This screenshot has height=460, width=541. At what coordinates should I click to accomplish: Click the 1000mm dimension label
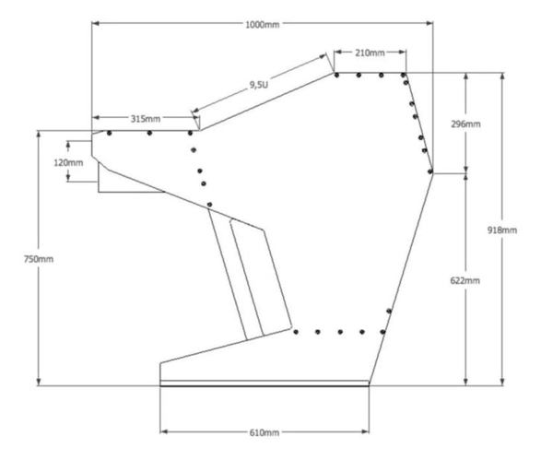[263, 25]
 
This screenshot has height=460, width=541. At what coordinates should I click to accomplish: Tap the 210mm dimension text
[370, 53]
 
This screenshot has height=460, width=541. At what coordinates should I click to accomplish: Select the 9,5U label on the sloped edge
[258, 85]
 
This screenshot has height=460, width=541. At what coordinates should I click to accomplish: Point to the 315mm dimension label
[146, 119]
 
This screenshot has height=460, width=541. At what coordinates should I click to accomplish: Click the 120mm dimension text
[68, 162]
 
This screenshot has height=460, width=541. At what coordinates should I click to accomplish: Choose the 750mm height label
[39, 259]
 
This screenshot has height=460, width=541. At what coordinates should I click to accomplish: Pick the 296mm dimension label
[465, 124]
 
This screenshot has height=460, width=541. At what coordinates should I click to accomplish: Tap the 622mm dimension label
[465, 280]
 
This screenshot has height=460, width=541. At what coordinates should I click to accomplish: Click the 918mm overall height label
[502, 230]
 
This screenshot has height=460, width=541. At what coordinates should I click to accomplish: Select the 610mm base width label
[265, 432]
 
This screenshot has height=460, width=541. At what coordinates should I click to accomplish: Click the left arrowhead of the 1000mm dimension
[96, 23]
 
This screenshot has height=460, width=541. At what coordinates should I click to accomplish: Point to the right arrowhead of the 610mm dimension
[365, 431]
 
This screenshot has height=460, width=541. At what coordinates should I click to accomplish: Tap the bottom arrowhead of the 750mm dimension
[39, 382]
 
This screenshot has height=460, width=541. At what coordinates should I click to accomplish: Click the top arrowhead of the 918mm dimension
[502, 77]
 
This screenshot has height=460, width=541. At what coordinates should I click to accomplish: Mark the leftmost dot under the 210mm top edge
[336, 75]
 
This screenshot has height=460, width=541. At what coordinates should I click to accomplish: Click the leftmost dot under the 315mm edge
[110, 133]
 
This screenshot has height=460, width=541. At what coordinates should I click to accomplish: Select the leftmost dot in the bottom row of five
[296, 332]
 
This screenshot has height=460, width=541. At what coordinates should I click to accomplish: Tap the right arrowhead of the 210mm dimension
[402, 53]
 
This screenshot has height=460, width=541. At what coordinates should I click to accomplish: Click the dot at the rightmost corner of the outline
[429, 171]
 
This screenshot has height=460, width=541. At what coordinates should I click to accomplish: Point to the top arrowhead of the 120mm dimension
[68, 146]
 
